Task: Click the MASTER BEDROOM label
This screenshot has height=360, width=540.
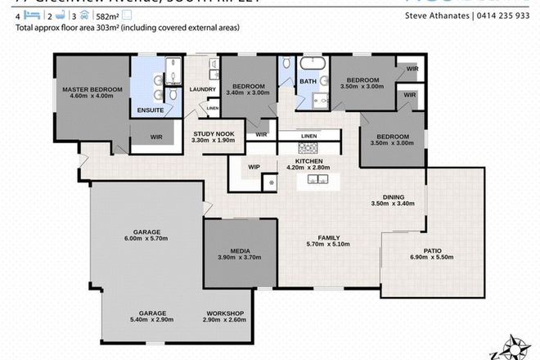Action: click(x=92, y=89)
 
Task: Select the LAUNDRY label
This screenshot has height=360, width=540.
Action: click(x=201, y=89)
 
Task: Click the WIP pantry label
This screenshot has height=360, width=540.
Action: click(x=254, y=167)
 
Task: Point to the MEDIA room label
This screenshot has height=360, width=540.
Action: click(x=240, y=251)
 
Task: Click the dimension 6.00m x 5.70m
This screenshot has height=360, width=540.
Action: click(x=145, y=239)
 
